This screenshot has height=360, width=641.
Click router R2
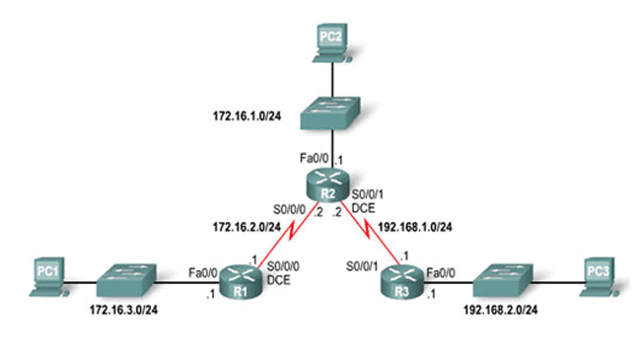point(331,181)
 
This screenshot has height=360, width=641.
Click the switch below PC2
point(332,116)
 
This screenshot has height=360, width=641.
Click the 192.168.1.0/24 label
point(416,226)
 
